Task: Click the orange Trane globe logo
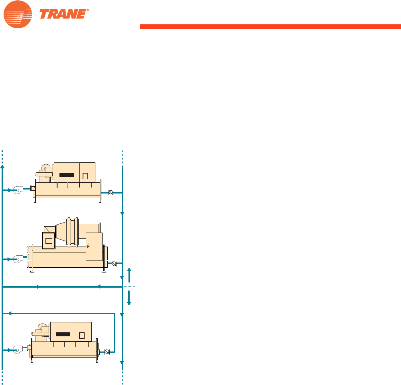pos(18,14)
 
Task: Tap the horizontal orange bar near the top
pos(270,27)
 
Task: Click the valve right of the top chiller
pos(111,193)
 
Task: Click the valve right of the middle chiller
pos(114,263)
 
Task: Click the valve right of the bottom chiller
pos(107,352)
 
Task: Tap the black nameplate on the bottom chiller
pos(63,334)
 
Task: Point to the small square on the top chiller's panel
pos(85,176)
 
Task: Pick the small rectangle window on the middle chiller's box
pos(49,241)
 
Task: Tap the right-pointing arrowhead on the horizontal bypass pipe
pos(38,287)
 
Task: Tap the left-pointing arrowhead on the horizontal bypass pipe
pos(98,287)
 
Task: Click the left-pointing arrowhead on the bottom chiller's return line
pos(10,314)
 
